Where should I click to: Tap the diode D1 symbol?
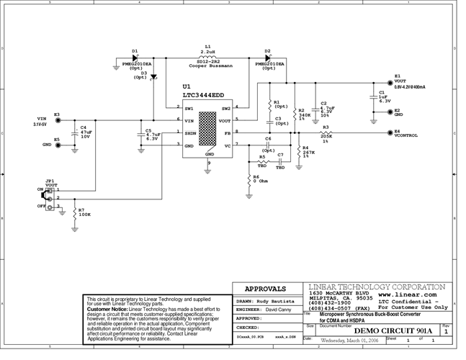coord(135,58)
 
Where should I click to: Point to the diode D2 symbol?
coord(267,58)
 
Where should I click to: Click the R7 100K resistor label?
coord(85,212)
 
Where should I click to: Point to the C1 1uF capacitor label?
coord(384,96)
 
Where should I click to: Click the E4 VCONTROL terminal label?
coord(405,134)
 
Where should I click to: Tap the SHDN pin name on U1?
coord(191,133)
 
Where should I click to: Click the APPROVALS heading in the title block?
coord(265,289)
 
